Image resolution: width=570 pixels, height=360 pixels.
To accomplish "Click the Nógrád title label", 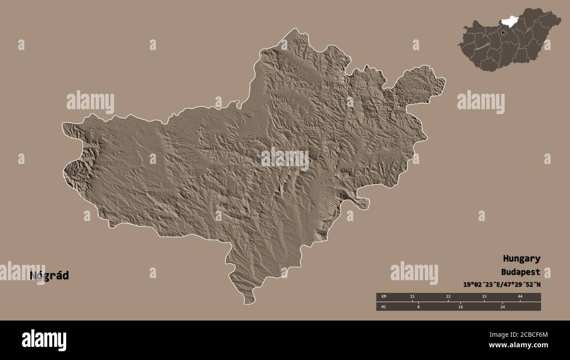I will coord(49,276).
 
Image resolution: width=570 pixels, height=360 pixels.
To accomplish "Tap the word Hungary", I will coord(521,258).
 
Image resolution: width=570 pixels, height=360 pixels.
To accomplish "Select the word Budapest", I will coord(521,272).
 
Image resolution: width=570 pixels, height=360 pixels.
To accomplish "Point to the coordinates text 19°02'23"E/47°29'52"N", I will coord(502,284).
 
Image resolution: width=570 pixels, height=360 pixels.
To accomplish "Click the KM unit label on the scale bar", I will coord(384,297).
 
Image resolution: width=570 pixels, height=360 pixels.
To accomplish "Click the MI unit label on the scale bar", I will coord(384,307).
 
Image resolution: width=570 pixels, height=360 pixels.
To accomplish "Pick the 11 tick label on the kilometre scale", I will coord(412,297).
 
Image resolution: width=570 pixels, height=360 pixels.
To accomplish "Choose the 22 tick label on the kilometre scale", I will coord(448,297).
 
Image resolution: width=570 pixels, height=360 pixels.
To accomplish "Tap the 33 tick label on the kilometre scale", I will coord(484,297).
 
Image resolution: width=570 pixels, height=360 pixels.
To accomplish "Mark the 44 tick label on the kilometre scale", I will coord(520,297).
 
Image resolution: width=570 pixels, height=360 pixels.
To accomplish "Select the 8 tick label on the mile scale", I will coord(418,307).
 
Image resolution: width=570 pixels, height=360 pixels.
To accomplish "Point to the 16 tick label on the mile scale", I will coord(460,307).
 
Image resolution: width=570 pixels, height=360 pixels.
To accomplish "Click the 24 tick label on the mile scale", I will coord(502,307).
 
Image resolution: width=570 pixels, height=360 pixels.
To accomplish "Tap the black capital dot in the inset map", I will coord(502,32).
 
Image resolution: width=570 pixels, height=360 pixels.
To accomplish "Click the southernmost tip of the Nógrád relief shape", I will coord(249,303).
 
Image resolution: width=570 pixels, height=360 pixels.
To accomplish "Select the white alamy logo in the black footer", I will coord(44,340).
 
